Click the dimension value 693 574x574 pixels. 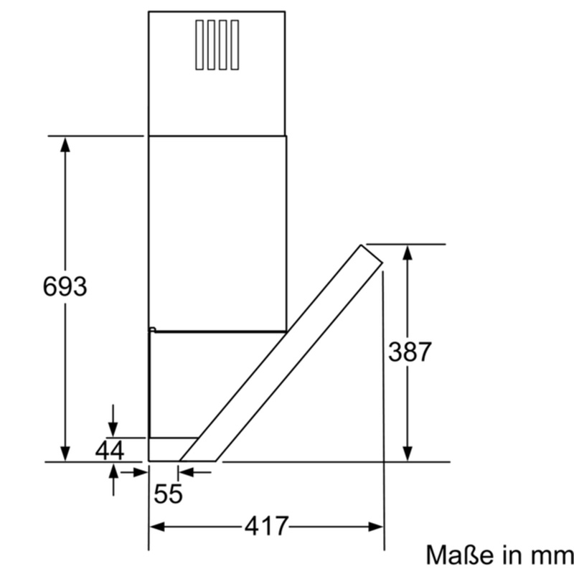[65, 286]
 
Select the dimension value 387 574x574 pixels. [410, 352]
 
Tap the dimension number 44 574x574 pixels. [110, 451]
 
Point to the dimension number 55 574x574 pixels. [168, 494]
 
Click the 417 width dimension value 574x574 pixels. [266, 526]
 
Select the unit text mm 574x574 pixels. [552, 557]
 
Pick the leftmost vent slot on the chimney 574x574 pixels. [199, 44]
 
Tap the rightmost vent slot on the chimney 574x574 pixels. [235, 44]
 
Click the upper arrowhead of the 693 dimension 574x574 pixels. [65, 144]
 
